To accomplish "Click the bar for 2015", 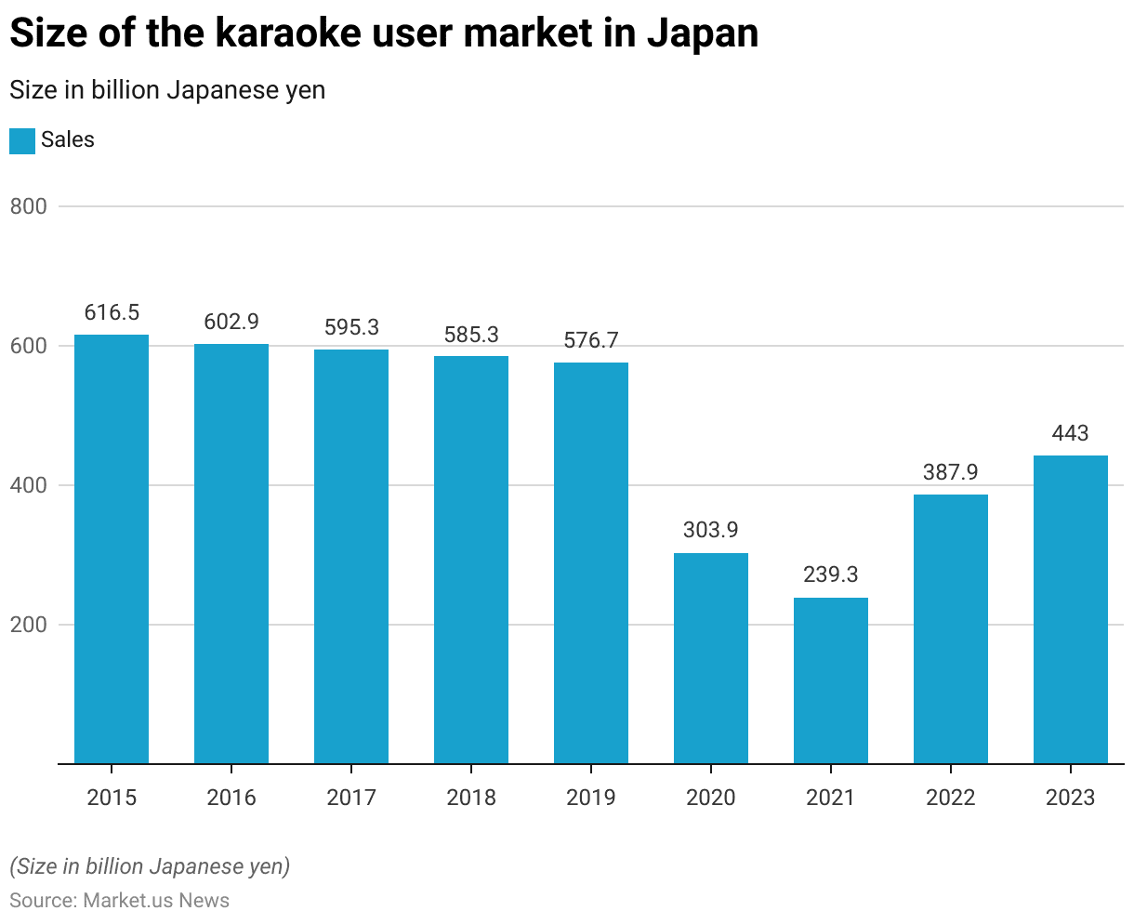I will pyautogui.click(x=112, y=548).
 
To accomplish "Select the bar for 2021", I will pyautogui.click(x=831, y=680).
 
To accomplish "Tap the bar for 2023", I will pyautogui.click(x=1071, y=609).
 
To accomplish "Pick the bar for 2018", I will pyautogui.click(x=471, y=560).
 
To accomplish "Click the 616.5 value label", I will pyautogui.click(x=112, y=313).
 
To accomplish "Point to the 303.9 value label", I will pyautogui.click(x=711, y=530).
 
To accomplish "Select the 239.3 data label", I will pyautogui.click(x=831, y=574).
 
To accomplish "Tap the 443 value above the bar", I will pyautogui.click(x=1071, y=433).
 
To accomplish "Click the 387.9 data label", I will pyautogui.click(x=951, y=472).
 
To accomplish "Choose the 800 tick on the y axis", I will pyautogui.click(x=28, y=206).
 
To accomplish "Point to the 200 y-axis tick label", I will pyautogui.click(x=28, y=625).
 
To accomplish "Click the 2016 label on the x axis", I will pyautogui.click(x=231, y=798).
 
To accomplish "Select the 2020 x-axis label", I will pyautogui.click(x=711, y=798).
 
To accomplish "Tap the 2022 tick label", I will pyautogui.click(x=951, y=798).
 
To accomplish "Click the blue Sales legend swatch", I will pyautogui.click(x=22, y=140).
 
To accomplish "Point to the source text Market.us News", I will pyautogui.click(x=156, y=900).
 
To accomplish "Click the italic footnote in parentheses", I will pyautogui.click(x=150, y=866).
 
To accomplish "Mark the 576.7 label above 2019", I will pyautogui.click(x=591, y=341).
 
